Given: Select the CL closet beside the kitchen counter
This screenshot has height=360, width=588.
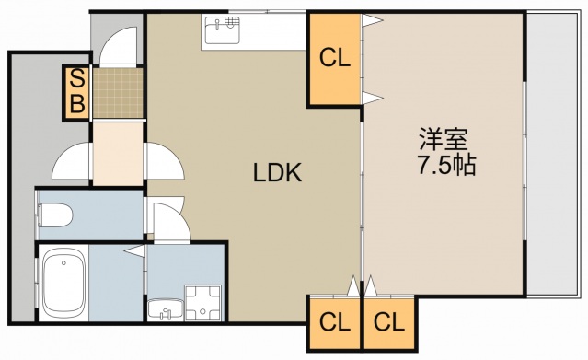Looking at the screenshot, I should [335, 59].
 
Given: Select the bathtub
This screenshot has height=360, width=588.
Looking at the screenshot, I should [64, 285].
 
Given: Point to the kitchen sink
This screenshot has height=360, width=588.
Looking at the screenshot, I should [221, 33].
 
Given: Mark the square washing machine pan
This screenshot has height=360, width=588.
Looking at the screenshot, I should [203, 303].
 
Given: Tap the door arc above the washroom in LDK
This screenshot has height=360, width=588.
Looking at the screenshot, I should [171, 221].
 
